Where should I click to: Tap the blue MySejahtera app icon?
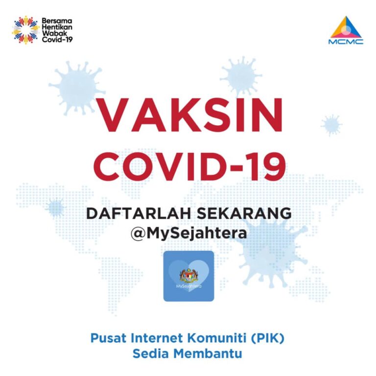188,276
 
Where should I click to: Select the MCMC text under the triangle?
346,42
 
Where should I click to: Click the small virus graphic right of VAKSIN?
332,125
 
